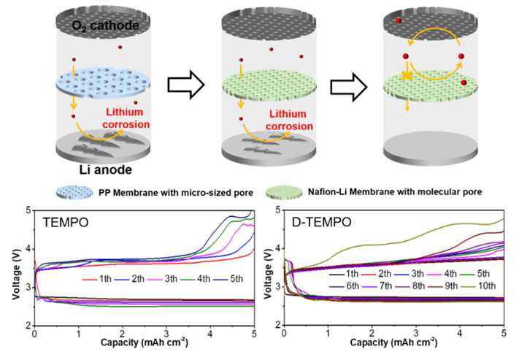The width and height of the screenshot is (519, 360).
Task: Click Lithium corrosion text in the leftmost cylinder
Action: (128, 118)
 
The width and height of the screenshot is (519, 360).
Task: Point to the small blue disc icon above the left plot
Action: (75, 192)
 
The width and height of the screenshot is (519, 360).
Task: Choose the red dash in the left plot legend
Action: (90, 280)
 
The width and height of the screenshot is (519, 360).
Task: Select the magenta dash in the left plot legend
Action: (155, 280)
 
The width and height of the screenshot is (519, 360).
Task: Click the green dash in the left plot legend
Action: (188, 280)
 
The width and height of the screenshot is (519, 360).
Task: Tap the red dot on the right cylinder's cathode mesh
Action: (399, 21)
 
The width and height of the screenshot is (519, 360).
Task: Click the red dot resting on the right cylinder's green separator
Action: (464, 83)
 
